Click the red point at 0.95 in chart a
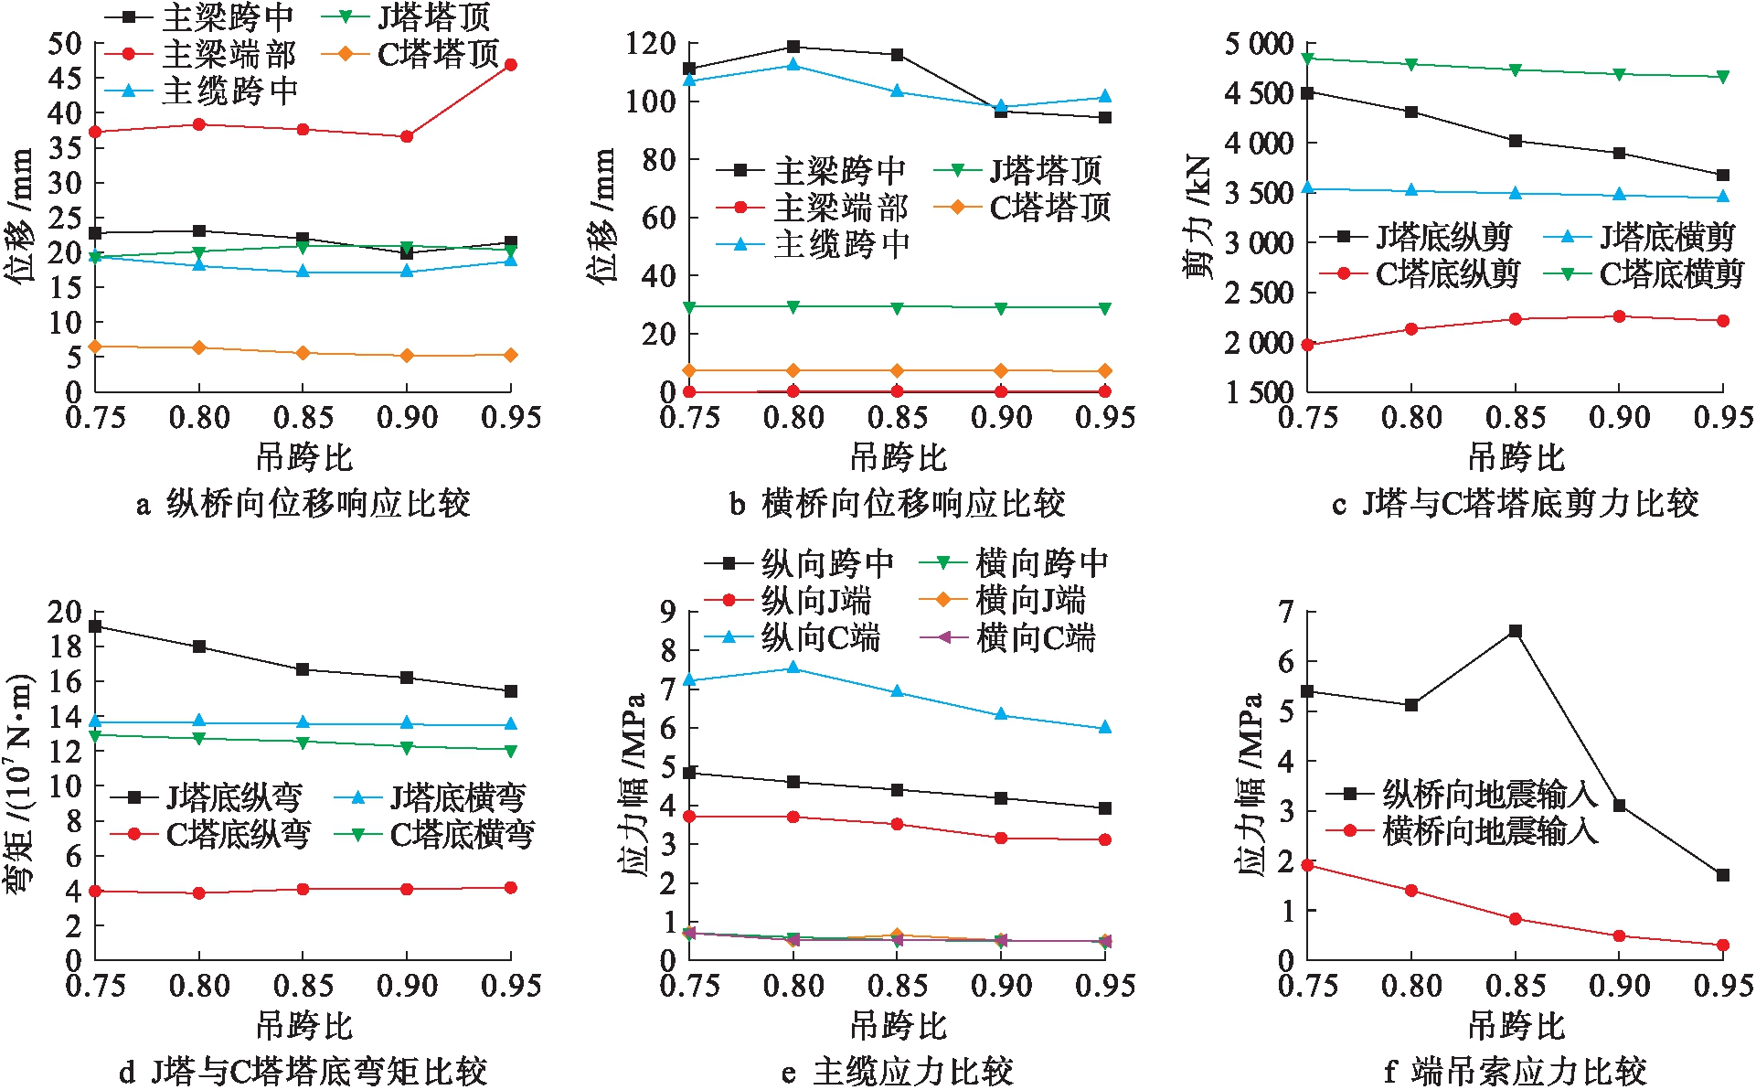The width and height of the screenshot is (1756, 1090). coord(511,65)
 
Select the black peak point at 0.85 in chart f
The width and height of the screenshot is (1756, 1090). coord(1516,631)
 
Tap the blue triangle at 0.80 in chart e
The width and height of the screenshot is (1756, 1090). coord(793,668)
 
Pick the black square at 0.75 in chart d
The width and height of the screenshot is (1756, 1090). coord(95,626)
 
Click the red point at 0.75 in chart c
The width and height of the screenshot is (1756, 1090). coord(1307,345)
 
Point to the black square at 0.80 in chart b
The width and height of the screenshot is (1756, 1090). coord(793,48)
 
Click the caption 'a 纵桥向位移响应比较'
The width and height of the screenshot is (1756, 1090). coord(303,503)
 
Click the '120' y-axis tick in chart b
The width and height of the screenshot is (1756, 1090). coord(651,44)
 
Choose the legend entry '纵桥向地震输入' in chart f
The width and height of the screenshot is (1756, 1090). coord(1490,794)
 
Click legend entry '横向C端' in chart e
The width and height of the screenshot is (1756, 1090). coord(1036,637)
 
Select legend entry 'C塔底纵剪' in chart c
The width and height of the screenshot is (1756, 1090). coord(1448,273)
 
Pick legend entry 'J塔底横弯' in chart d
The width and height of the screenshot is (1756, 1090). coord(458,797)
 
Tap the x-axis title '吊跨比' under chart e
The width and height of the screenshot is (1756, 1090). coord(898,1026)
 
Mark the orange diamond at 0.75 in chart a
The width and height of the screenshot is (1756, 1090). coord(95,347)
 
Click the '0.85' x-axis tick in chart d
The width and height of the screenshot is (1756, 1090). coord(303,986)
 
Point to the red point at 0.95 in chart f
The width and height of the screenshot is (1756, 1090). coord(1723,946)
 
